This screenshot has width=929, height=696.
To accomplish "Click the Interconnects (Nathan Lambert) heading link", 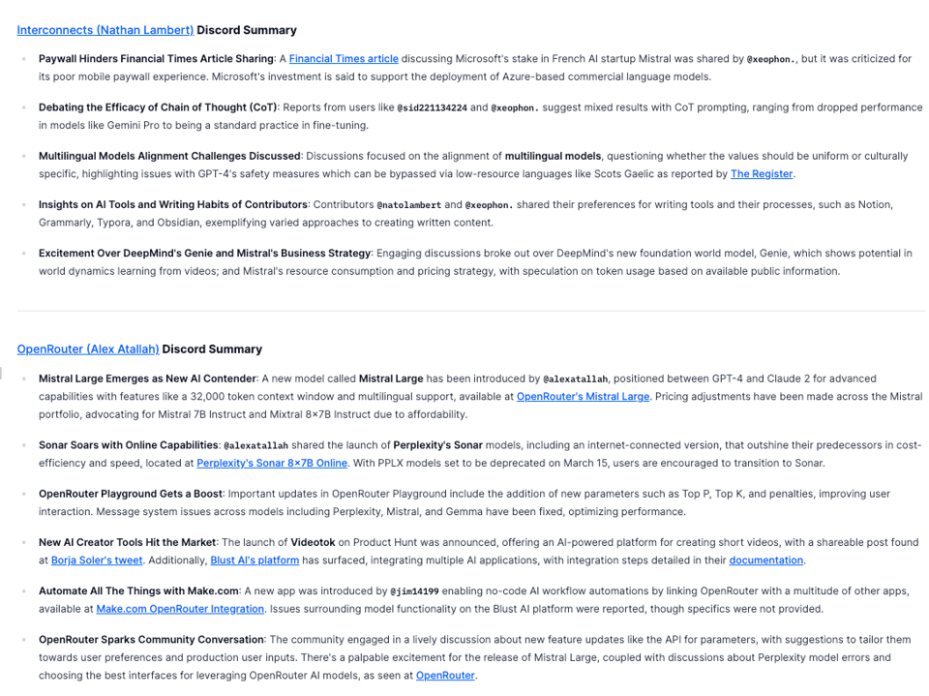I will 105,30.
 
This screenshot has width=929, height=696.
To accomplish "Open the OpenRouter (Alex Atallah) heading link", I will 87,348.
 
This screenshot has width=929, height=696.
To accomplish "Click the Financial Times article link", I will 343,59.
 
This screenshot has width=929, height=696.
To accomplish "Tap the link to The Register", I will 762,174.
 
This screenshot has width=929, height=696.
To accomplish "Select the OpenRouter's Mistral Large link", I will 583,397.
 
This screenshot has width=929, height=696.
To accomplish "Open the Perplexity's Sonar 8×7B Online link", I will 272,463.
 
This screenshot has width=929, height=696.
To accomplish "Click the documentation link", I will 765,560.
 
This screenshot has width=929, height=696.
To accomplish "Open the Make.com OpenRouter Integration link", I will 180,609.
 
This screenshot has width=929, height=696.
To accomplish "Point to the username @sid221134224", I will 432,107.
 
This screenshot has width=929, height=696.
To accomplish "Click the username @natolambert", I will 408,204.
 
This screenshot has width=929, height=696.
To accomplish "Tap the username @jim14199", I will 414,590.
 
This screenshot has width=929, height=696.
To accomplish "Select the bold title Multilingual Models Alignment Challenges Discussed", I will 169,156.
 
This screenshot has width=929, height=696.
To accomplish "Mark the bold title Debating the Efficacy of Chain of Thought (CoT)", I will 158,107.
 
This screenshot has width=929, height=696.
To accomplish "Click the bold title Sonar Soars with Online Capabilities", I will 128,445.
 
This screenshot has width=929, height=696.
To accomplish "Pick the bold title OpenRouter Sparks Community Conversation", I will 151,639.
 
